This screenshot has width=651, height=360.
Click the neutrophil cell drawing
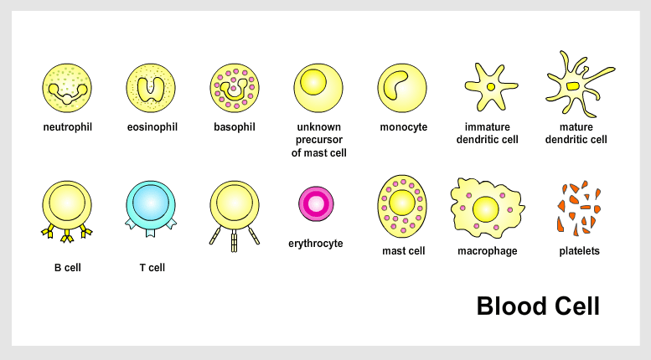67,88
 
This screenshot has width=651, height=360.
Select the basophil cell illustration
235,88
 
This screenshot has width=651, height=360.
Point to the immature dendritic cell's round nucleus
491,87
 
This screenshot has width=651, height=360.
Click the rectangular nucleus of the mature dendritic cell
573,86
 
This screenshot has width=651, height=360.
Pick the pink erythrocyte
316,203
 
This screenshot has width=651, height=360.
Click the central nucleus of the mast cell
402,203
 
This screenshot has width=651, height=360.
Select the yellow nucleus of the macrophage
486,209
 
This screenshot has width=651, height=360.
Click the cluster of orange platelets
579,208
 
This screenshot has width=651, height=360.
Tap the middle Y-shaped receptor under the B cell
67,236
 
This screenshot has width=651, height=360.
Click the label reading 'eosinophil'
152,127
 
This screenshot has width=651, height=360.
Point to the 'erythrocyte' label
316,244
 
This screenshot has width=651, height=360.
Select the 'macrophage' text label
488,251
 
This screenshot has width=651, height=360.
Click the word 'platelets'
579,251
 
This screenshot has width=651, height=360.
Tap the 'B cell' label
68,268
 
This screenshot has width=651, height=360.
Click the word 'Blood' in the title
511,306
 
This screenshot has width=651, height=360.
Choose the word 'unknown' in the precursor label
319,127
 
